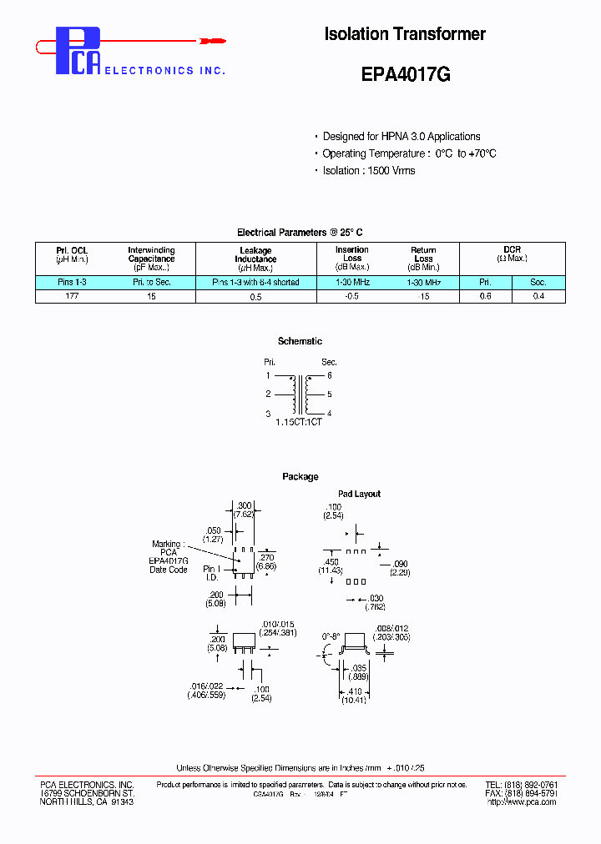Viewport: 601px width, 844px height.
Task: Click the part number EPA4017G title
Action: pyautogui.click(x=406, y=74)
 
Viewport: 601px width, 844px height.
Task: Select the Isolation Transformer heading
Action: pyautogui.click(x=405, y=34)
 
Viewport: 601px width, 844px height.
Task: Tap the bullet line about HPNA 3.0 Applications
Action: pyautogui.click(x=401, y=136)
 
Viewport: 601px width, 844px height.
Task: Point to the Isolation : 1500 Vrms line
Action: pyautogui.click(x=368, y=170)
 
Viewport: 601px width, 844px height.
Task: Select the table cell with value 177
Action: pyautogui.click(x=72, y=296)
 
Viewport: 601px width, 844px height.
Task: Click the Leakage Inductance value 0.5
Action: pyautogui.click(x=255, y=297)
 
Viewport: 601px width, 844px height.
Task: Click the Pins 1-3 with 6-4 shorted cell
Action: pyautogui.click(x=255, y=283)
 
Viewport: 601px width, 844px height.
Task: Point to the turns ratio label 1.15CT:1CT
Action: pyautogui.click(x=299, y=423)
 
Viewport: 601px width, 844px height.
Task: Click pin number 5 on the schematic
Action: pyautogui.click(x=330, y=394)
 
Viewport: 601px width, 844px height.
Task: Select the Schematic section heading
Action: pyautogui.click(x=300, y=341)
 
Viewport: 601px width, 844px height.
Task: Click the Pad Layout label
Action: pyautogui.click(x=359, y=494)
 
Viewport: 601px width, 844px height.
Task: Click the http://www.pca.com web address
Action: pyautogui.click(x=521, y=801)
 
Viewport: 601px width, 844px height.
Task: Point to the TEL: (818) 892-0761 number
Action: pyautogui.click(x=521, y=785)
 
